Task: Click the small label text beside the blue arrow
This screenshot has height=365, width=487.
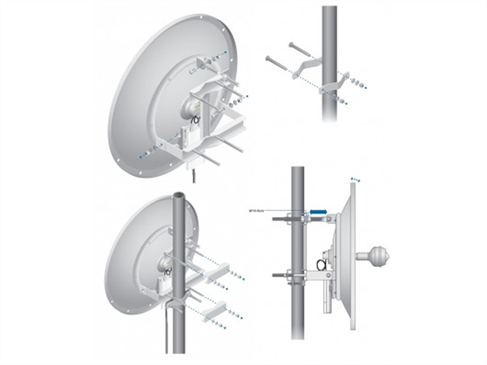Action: coord(259,211)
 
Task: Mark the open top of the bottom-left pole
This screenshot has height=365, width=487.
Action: coord(179,197)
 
